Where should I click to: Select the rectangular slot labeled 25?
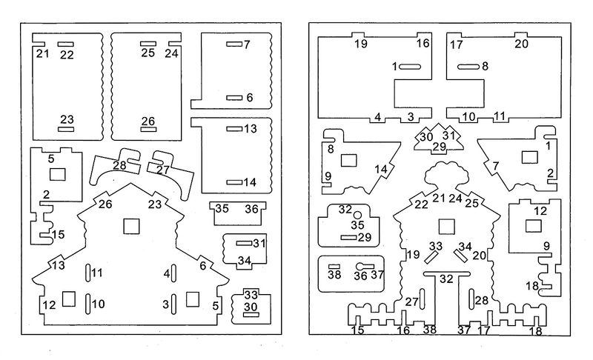148,43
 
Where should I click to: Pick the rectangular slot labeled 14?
234,181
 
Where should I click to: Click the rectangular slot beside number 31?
243,243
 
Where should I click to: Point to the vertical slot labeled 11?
87,273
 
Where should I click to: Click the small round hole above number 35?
357,215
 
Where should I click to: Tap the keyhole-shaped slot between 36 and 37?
362,267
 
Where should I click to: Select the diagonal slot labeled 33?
431,255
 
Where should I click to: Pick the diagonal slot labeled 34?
460,255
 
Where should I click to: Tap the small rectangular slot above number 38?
334,266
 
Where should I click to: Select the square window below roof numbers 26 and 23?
131,224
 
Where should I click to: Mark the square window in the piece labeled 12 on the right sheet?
531,225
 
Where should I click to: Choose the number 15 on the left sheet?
58,235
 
